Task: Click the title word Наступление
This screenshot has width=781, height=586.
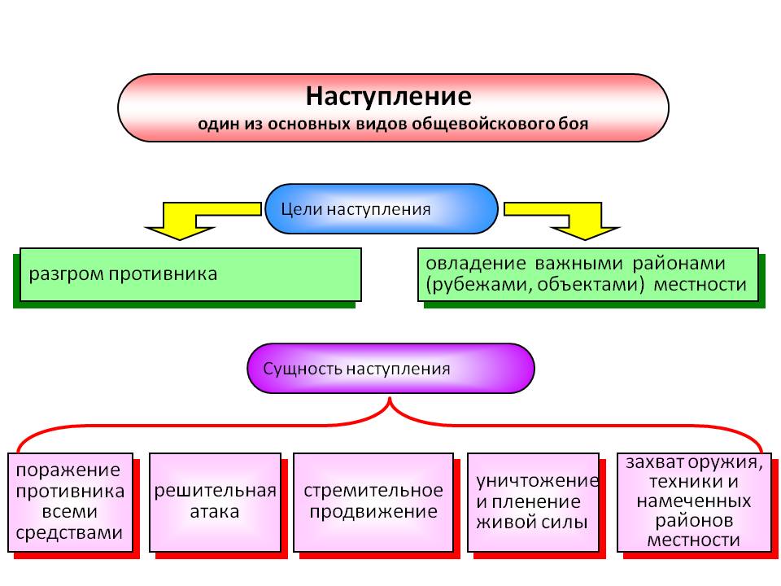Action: [x=389, y=96]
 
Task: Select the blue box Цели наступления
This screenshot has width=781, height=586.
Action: [x=381, y=209]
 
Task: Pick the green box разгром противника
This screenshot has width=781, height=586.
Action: [x=190, y=274]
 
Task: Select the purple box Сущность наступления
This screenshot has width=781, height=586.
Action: [x=390, y=368]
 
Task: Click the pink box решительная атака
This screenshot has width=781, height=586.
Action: [x=215, y=501]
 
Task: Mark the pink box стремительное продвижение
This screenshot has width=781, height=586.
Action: [x=373, y=501]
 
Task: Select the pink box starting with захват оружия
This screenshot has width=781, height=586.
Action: [x=694, y=501]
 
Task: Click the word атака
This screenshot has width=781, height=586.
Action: [x=215, y=512]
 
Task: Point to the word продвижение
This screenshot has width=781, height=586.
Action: [x=373, y=512]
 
